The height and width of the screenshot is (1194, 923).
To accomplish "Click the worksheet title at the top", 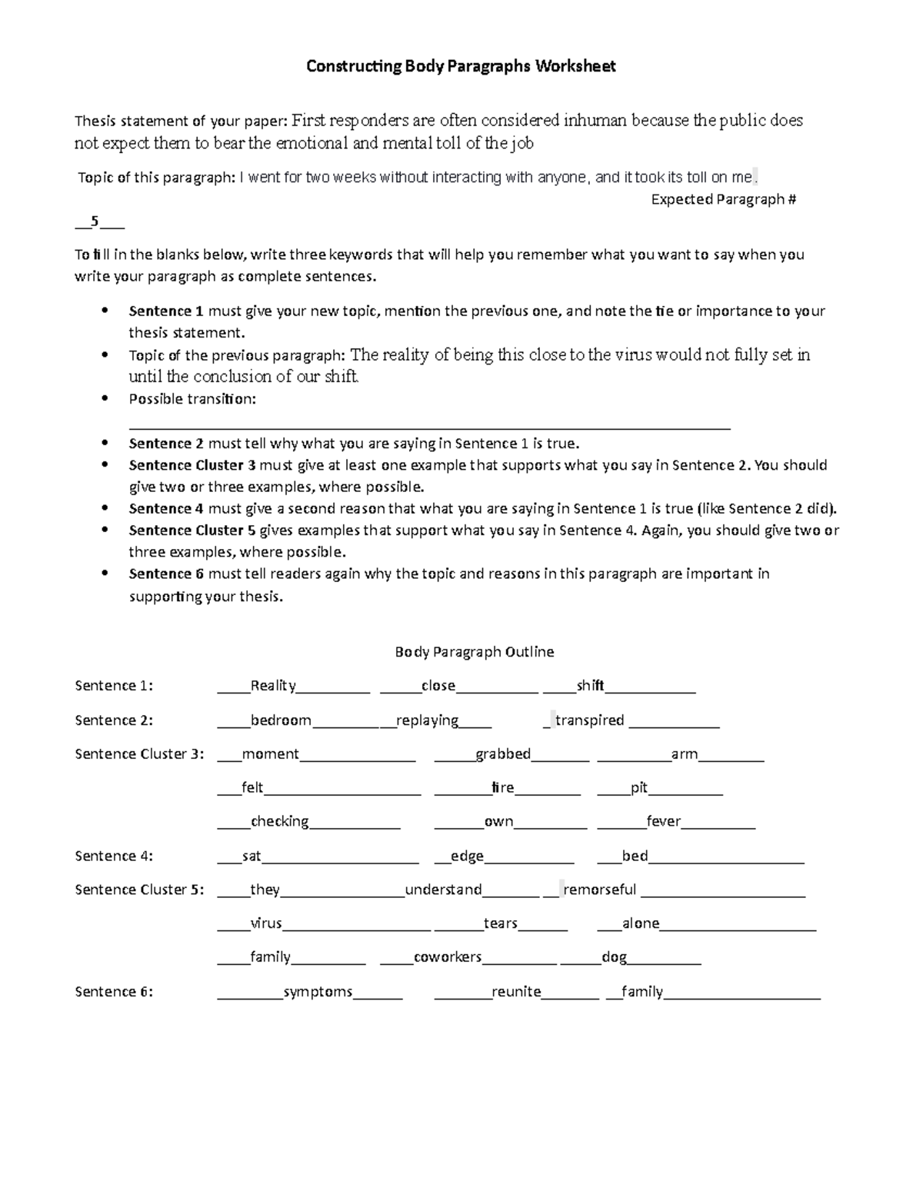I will (461, 66).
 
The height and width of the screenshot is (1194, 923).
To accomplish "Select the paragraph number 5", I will (95, 222).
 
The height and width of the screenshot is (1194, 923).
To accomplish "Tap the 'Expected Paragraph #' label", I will (723, 200).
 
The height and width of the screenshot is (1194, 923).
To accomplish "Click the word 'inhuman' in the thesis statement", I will (595, 121).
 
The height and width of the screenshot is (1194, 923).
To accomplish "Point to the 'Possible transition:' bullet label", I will (192, 399).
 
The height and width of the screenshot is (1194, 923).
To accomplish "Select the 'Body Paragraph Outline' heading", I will (474, 652).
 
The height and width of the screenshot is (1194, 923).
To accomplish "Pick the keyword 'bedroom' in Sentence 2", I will (281, 720).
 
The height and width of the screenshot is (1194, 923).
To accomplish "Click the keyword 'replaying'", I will (428, 720).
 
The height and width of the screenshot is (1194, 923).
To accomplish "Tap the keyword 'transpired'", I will (589, 720).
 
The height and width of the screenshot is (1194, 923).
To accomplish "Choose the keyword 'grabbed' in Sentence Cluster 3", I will (503, 754).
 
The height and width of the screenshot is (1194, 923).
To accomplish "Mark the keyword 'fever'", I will (663, 822).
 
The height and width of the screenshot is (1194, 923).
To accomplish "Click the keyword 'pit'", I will (638, 788).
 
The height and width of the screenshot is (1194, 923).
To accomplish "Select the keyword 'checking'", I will (279, 822).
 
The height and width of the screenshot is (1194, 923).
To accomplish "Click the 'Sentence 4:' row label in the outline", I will (114, 856).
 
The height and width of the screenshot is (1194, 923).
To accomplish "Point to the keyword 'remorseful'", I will (600, 890).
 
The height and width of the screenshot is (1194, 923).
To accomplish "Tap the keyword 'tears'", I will (500, 923).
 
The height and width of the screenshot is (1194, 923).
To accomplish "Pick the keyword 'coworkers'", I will (448, 957).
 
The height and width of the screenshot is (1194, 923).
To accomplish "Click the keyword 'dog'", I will (614, 957).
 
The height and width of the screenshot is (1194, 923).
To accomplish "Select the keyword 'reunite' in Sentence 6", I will (516, 992).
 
